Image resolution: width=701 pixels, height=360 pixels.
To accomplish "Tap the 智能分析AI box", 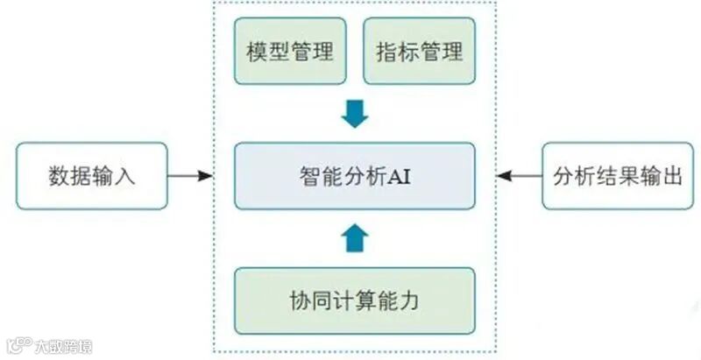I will (354, 175).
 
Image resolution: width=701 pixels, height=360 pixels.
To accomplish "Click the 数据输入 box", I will (91, 175).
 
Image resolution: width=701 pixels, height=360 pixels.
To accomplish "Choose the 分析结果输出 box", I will (611, 175).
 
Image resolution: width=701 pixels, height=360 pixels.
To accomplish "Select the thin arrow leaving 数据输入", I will (189, 175).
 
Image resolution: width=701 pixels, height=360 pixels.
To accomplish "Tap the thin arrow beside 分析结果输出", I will (519, 175).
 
